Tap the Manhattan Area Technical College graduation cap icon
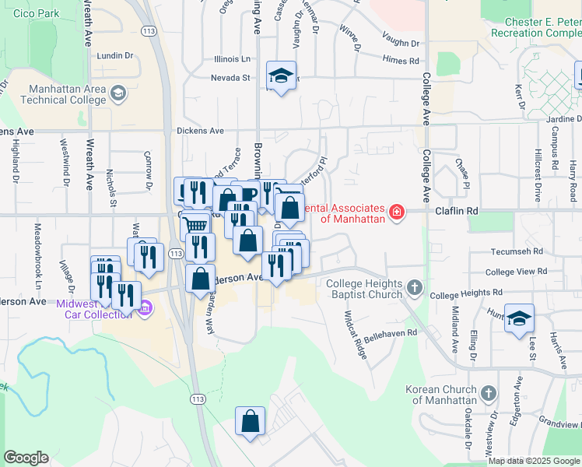(117, 94)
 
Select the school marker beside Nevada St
(281, 75)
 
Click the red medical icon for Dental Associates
(397, 212)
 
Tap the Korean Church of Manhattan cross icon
(488, 393)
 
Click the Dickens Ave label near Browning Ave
(200, 131)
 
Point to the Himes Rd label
(401, 61)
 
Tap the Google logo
(26, 458)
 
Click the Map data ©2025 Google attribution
(533, 461)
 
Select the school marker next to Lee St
(519, 318)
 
